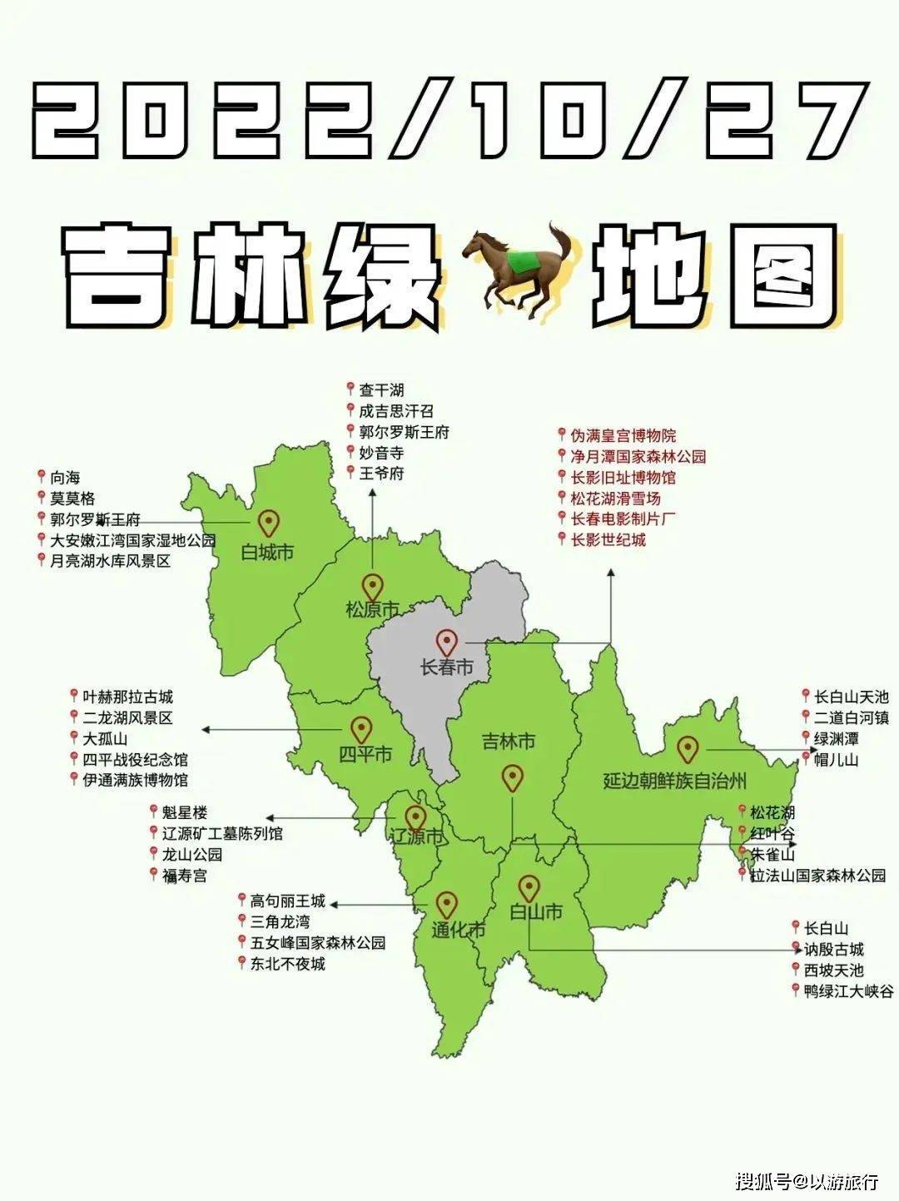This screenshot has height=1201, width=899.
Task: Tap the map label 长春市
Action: tap(448, 667)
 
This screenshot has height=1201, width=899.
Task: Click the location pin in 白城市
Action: tap(268, 524)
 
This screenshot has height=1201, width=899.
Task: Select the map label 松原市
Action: tap(372, 608)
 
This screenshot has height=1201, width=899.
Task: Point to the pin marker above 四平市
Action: tap(360, 730)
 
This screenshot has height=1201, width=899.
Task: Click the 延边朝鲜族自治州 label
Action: tap(675, 781)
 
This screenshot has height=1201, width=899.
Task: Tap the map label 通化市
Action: tap(459, 930)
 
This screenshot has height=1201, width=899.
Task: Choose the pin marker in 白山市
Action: tap(529, 888)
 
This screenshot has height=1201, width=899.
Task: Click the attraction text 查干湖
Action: tap(381, 390)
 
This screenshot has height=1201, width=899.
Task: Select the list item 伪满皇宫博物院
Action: tap(623, 435)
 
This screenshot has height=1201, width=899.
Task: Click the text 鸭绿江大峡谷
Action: tap(848, 991)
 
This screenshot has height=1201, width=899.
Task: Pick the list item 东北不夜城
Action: tap(289, 964)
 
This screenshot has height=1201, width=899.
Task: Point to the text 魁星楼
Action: tap(184, 812)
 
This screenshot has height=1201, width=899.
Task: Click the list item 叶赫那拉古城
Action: tap(127, 697)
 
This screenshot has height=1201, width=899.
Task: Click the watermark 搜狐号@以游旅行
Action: tap(807, 1180)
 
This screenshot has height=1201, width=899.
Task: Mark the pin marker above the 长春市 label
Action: tap(448, 642)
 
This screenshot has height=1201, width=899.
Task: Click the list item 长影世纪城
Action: tap(608, 539)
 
